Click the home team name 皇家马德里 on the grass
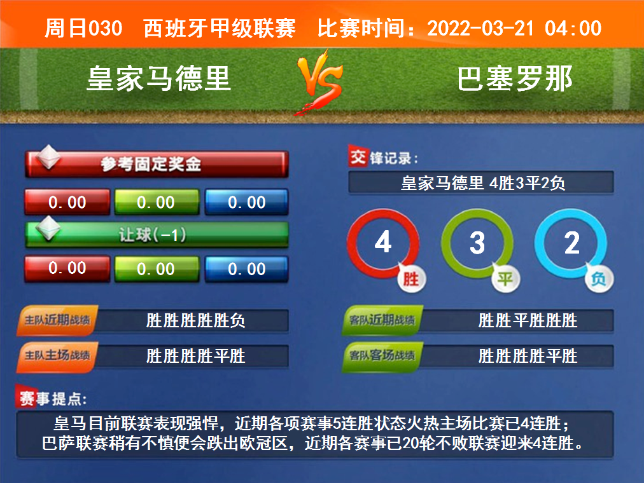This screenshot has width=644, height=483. point(158,78)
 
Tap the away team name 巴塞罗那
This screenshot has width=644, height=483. point(515,78)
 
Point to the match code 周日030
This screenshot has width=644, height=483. point(83,29)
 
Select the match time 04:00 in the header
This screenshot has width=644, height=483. point(573,29)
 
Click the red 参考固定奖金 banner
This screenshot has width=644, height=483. point(157,164)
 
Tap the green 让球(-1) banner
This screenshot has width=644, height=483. point(157,235)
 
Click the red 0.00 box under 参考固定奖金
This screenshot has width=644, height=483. point(67,201)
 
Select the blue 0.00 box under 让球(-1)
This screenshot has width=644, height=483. point(246,269)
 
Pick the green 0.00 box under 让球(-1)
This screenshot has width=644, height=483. point(157,269)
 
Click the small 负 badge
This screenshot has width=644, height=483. point(599,279)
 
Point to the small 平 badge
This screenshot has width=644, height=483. point(505,279)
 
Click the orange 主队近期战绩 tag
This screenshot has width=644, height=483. point(57,320)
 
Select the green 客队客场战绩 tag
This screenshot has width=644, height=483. point(382,355)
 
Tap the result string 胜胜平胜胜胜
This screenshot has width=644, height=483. point(528,320)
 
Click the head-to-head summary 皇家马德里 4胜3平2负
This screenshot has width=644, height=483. point(483,183)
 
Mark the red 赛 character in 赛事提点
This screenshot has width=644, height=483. point(26,398)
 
